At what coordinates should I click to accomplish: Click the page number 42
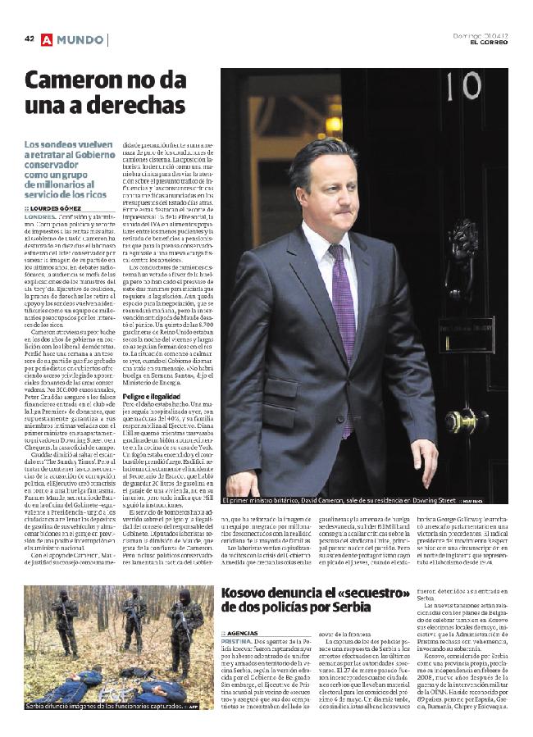tap(30, 39)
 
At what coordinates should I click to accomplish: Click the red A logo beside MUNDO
tap(46, 39)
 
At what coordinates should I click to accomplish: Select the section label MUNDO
tap(80, 39)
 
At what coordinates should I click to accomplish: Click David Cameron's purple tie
tap(343, 320)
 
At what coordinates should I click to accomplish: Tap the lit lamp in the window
tap(333, 125)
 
